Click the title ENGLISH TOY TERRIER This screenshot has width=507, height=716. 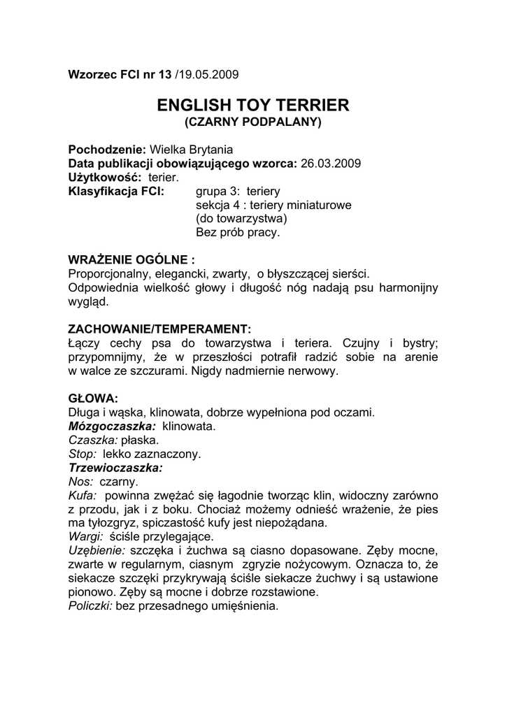[252, 106]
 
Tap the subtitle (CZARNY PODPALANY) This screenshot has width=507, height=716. [252, 122]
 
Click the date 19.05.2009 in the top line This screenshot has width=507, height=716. [210, 74]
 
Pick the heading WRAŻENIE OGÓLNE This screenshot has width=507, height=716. [126, 259]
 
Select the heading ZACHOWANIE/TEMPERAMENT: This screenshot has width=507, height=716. [159, 328]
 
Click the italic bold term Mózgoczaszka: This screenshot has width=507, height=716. [112, 425]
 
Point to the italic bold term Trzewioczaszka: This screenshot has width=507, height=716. [115, 467]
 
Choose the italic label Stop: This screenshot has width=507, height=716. [82, 453]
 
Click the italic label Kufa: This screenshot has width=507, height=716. [83, 495]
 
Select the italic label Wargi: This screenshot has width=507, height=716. [86, 537]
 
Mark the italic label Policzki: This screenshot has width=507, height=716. [90, 607]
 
